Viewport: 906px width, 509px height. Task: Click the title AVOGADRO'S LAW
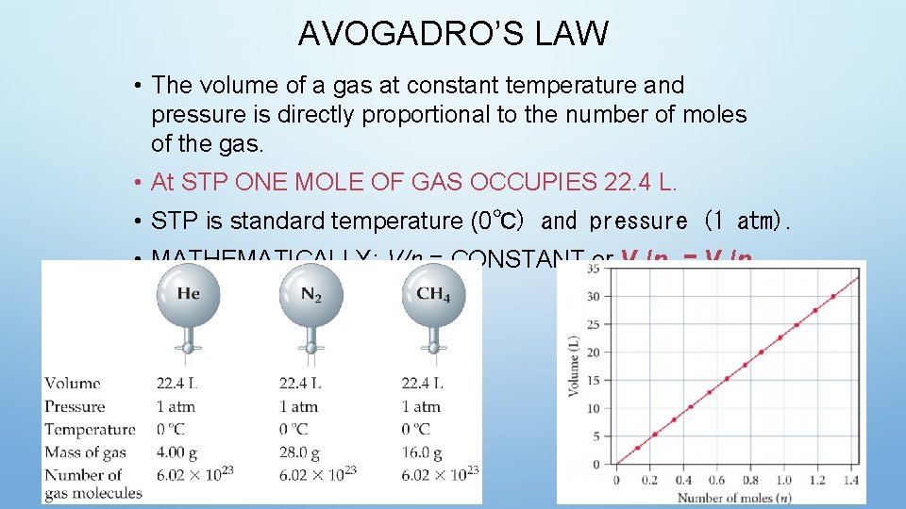point(453,34)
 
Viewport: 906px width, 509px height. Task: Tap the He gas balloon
point(188,295)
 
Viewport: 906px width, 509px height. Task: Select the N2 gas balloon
point(310,295)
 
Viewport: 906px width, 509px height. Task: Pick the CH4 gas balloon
point(432,295)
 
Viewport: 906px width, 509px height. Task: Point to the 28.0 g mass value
point(301,452)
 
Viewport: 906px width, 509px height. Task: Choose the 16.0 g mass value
point(423,452)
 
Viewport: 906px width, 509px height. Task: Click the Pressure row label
point(75,407)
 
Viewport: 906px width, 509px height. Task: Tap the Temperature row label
point(90,430)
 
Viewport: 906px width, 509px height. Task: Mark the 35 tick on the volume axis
point(593,269)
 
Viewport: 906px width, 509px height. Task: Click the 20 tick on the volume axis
point(593,353)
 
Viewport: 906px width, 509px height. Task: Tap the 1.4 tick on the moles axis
point(850,480)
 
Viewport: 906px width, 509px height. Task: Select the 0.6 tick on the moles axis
point(717,480)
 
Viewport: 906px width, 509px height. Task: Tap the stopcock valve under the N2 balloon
point(310,347)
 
